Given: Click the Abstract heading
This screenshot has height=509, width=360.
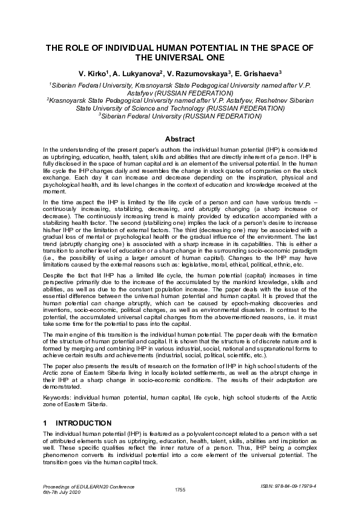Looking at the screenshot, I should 180,138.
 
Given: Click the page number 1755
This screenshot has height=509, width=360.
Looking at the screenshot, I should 180,489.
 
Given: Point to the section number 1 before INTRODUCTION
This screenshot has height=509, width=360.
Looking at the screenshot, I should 45,422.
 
